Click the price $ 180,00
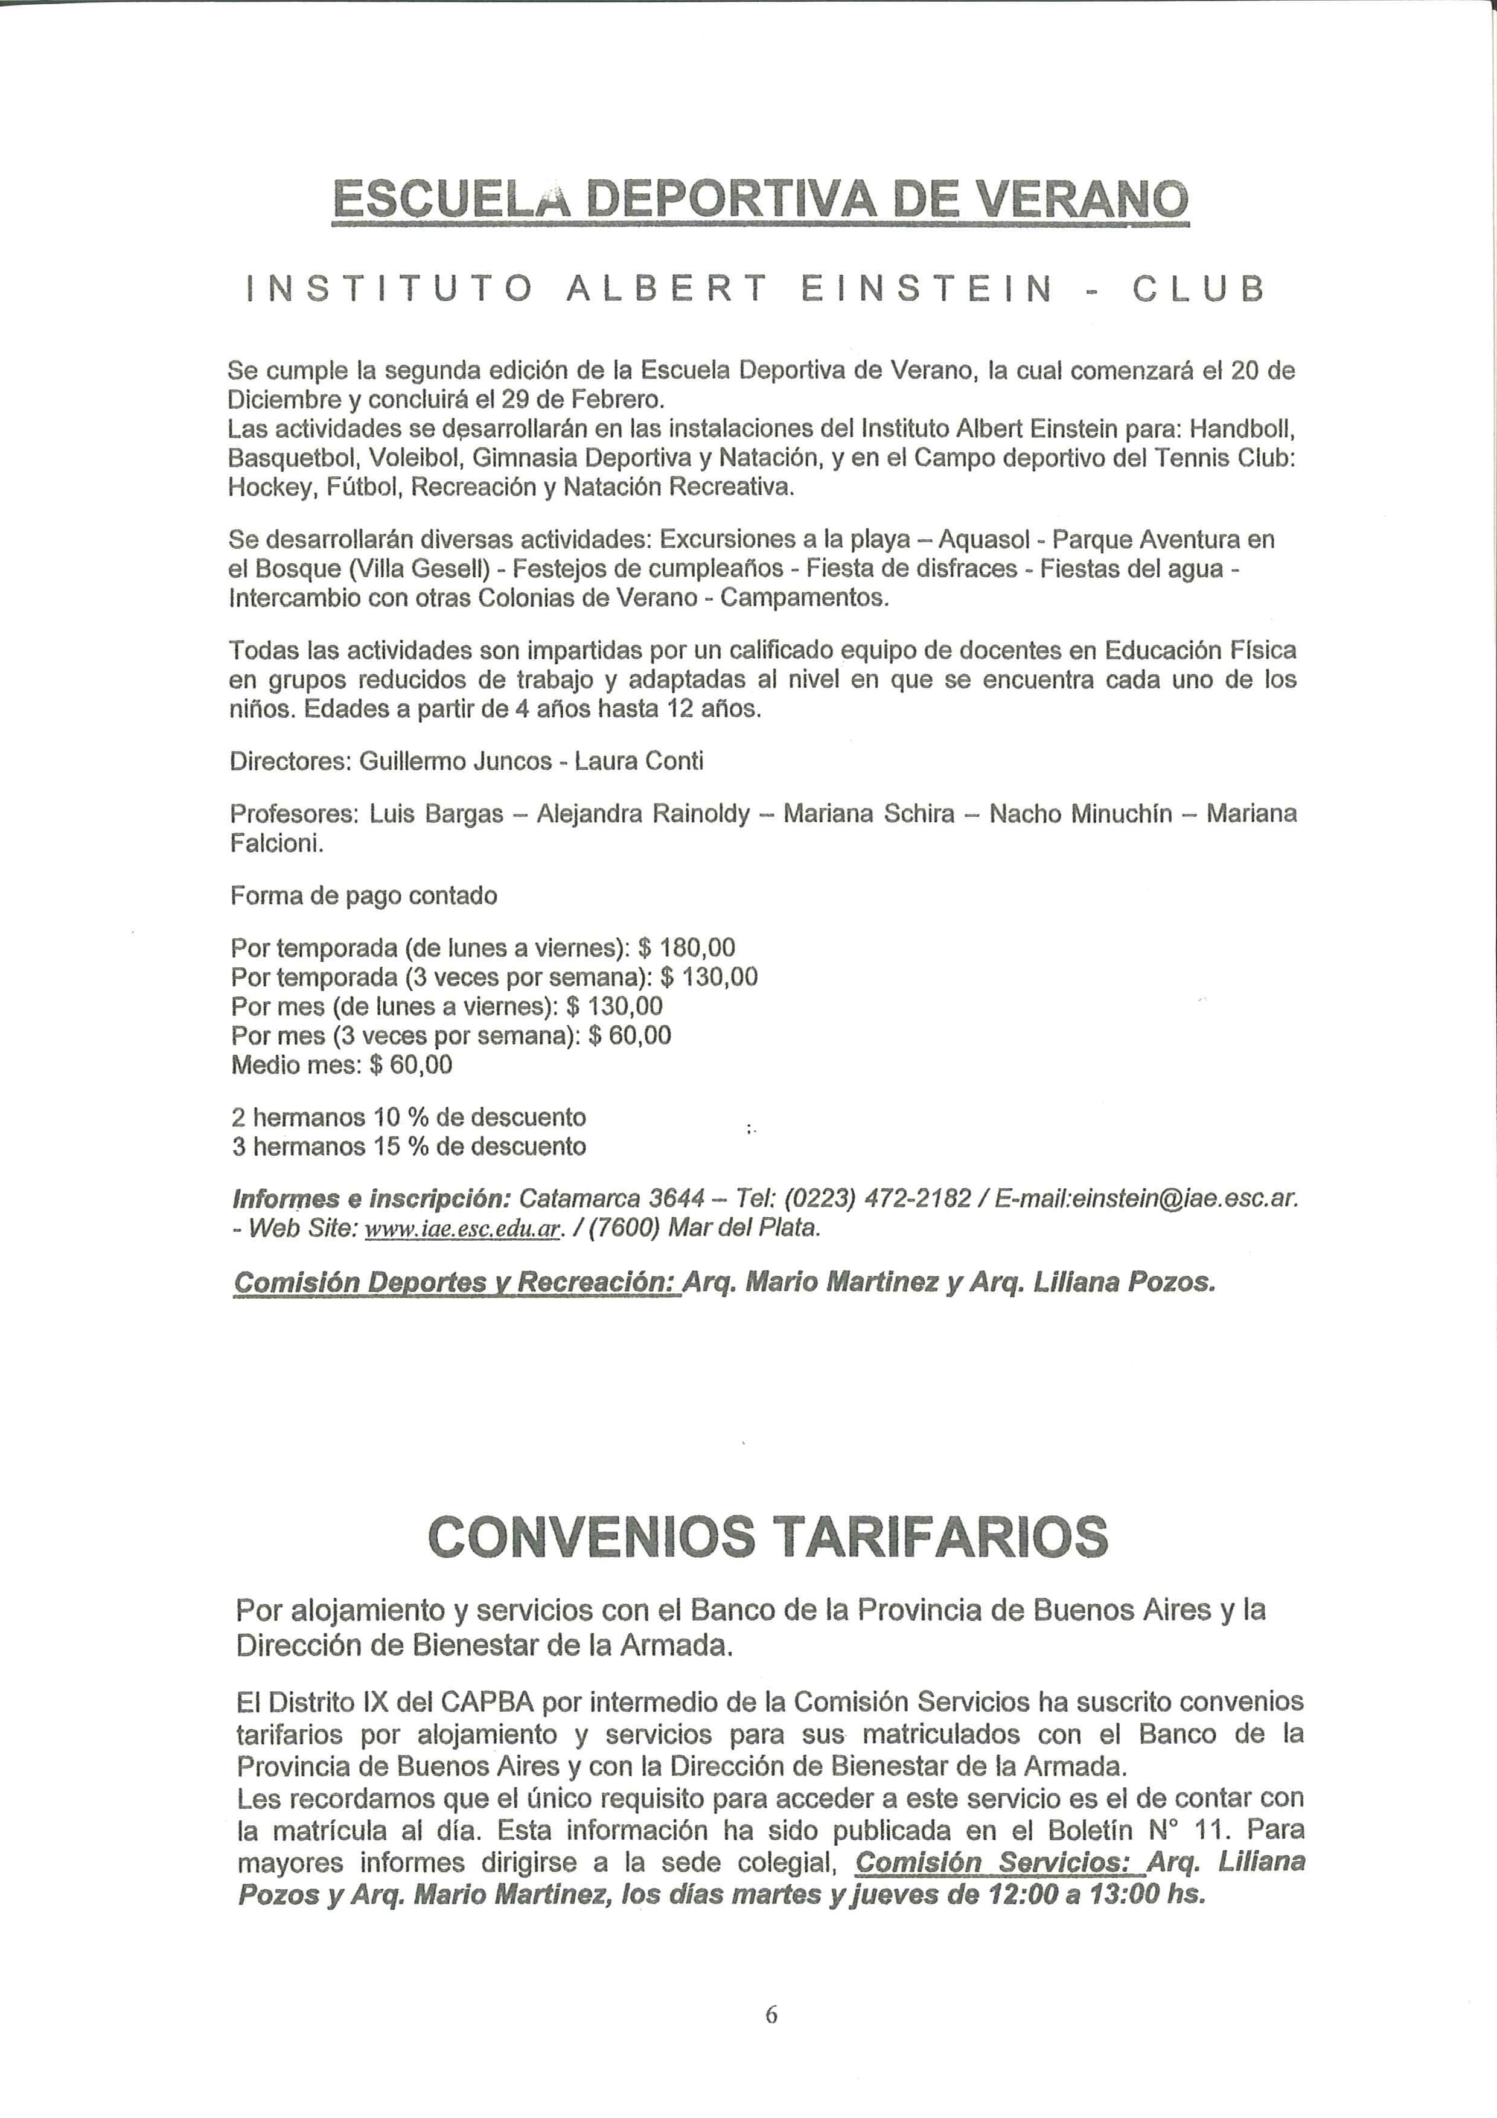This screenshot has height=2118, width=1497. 686,947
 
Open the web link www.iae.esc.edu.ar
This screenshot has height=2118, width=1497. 463,1229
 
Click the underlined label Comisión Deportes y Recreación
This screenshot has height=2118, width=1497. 456,1283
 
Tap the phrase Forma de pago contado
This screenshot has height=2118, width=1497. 363,896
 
